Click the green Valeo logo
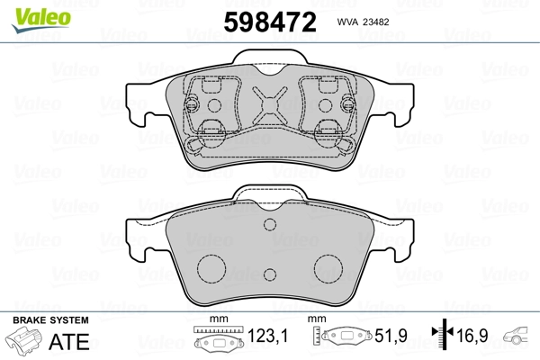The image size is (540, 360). click(41, 20)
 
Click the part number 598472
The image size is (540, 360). click(270, 22)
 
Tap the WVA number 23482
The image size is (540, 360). click(376, 22)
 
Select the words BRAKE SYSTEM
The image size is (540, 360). click(50, 320)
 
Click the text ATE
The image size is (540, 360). click(69, 341)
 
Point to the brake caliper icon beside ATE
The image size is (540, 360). click(24, 339)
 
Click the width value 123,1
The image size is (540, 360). click(267, 336)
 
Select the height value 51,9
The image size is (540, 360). click(391, 336)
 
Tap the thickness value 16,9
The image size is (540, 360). click(472, 336)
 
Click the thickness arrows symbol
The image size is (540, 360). click(443, 334)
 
